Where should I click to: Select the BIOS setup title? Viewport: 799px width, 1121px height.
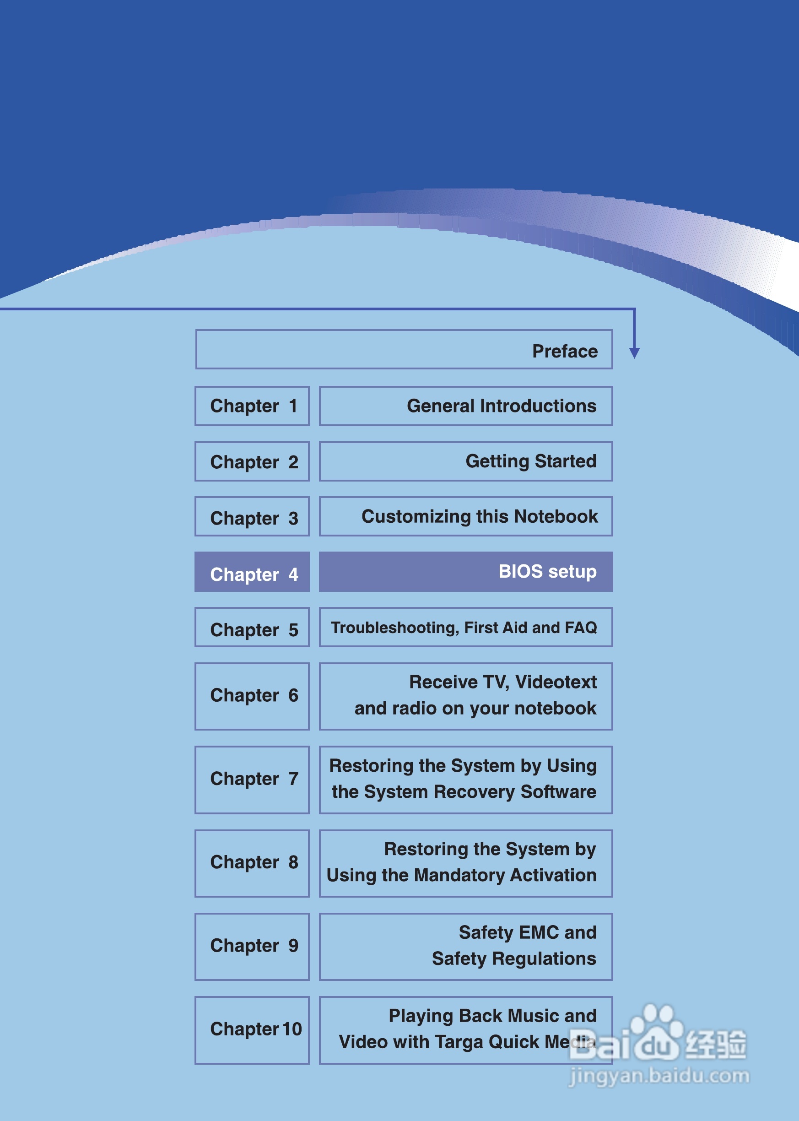[x=547, y=571]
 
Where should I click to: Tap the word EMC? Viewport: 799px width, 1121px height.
[x=538, y=932]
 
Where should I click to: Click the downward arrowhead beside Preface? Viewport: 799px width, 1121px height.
[x=634, y=352]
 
